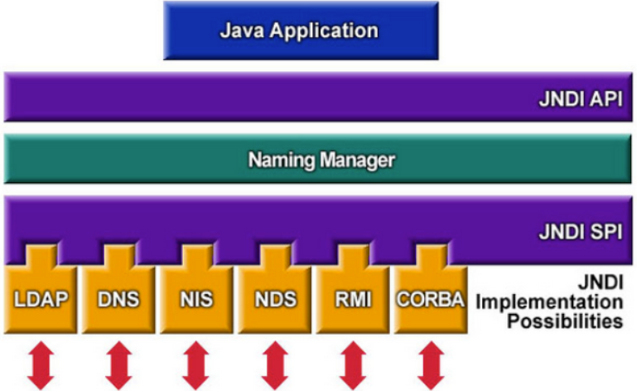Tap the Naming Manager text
[x=321, y=159]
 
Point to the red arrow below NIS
[x=195, y=364]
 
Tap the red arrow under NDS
[x=273, y=364]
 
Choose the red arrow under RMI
[x=352, y=364]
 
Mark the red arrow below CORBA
[x=429, y=364]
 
